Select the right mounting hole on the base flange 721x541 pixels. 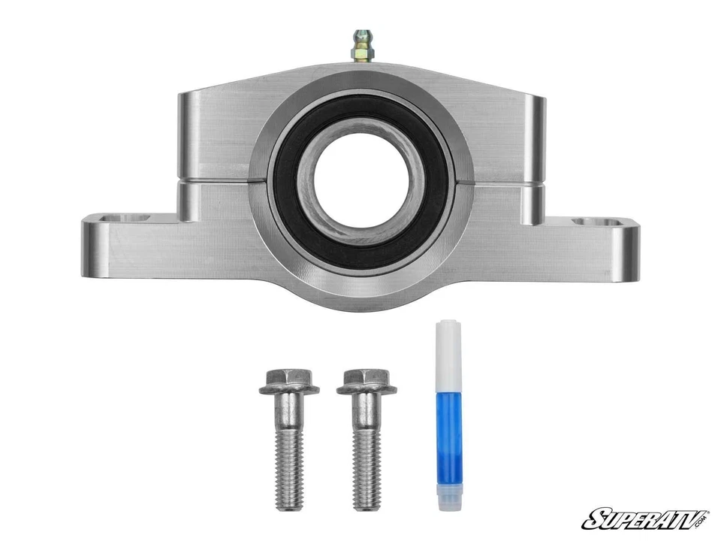coord(596,222)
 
